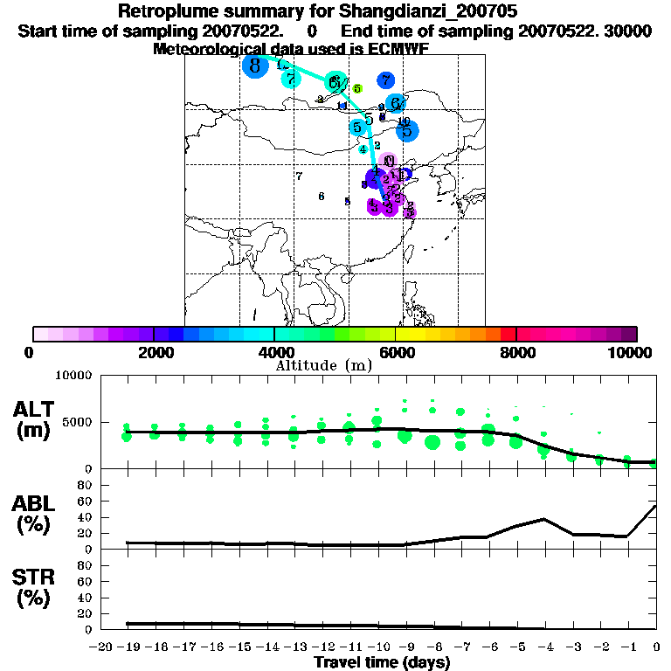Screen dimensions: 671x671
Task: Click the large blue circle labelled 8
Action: pyautogui.click(x=254, y=66)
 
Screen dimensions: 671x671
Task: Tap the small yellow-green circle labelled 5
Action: pyautogui.click(x=356, y=88)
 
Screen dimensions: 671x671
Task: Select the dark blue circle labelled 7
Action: pyautogui.click(x=385, y=80)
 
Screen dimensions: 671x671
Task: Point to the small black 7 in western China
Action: pyautogui.click(x=299, y=176)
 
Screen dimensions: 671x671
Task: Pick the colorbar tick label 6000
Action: pyautogui.click(x=396, y=352)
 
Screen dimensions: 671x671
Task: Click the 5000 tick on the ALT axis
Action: pyautogui.click(x=79, y=422)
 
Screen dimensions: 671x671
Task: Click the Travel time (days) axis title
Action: pyautogui.click(x=382, y=663)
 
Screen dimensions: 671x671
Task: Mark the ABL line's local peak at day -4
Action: pyautogui.click(x=544, y=519)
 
